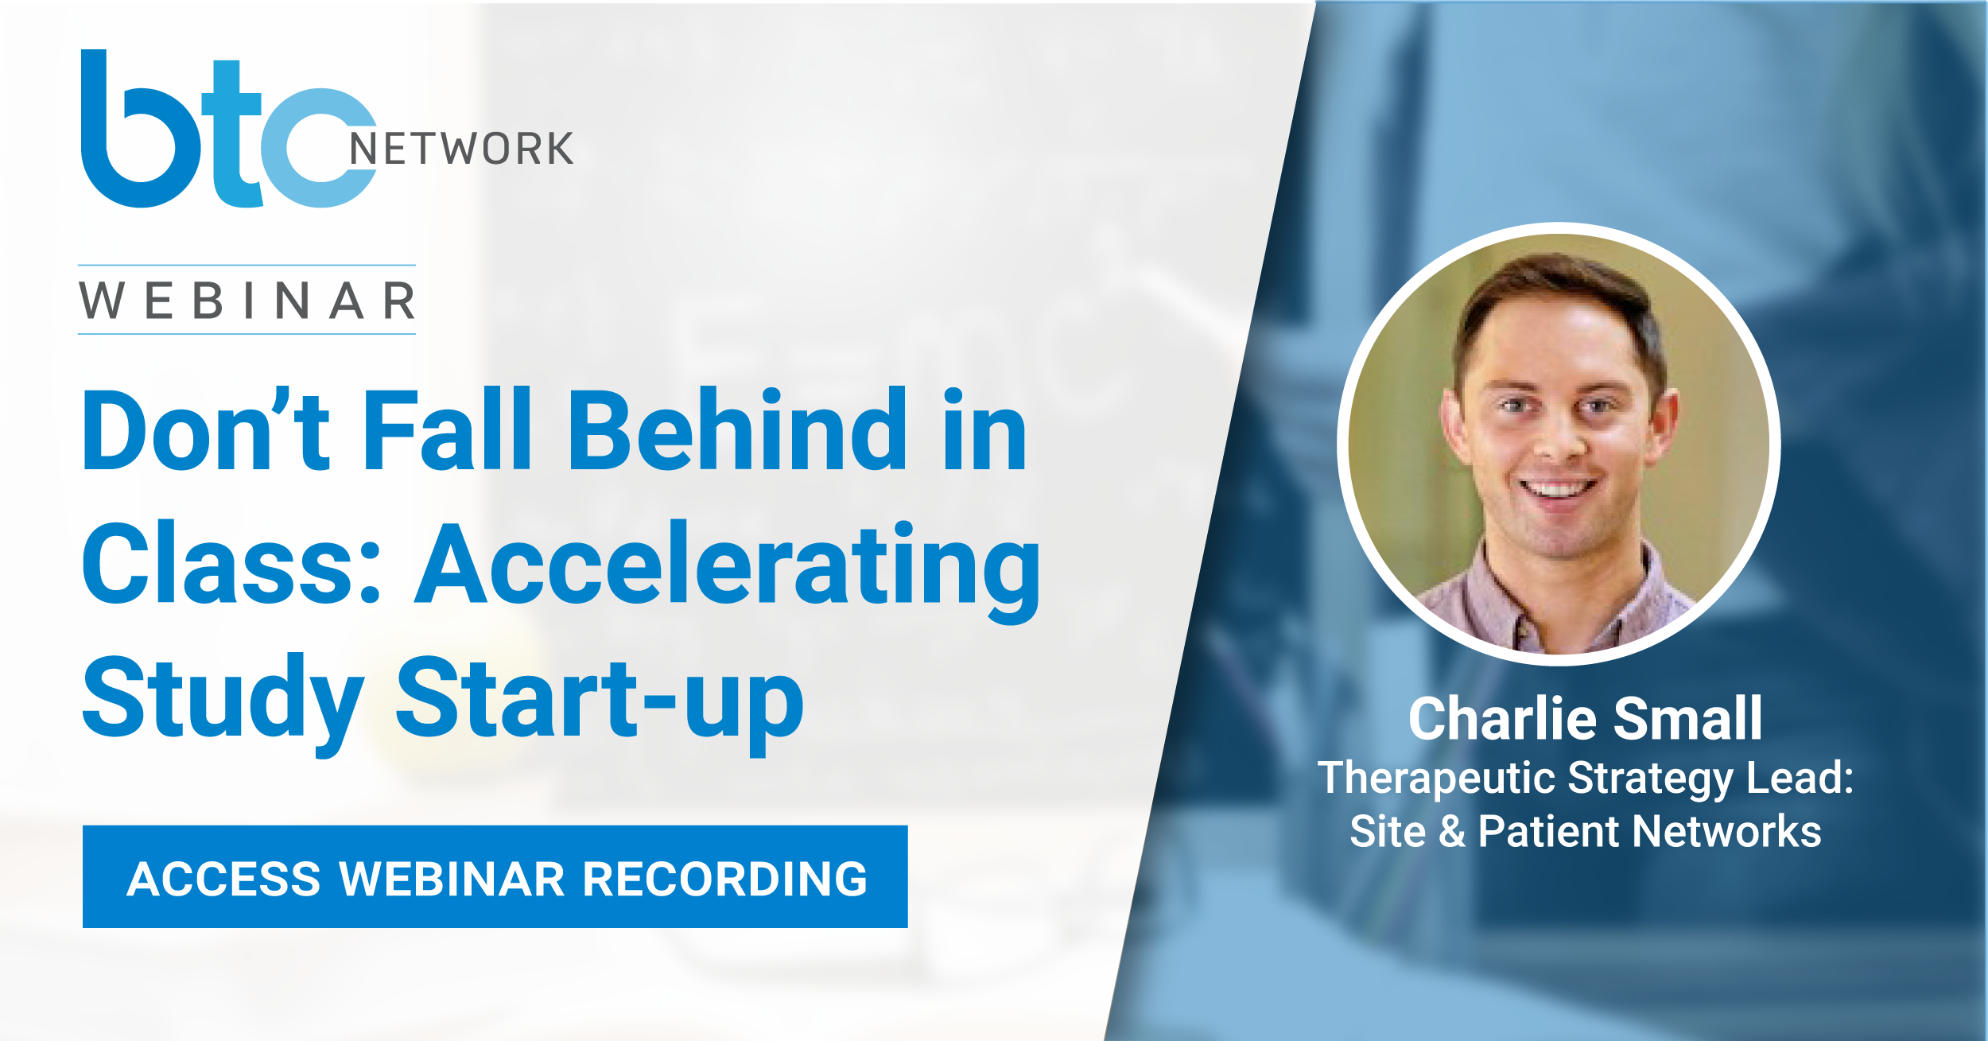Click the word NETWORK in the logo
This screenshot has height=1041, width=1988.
click(x=461, y=149)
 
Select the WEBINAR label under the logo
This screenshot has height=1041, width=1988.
click(x=247, y=301)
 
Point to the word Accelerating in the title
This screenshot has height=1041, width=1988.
click(x=727, y=569)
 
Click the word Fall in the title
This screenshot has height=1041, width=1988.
click(x=447, y=429)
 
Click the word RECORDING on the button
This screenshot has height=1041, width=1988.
click(x=724, y=879)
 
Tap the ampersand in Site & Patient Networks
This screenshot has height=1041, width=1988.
click(x=1452, y=832)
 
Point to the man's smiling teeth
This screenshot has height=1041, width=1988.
click(x=1558, y=487)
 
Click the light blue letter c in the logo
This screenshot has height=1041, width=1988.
click(x=318, y=148)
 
